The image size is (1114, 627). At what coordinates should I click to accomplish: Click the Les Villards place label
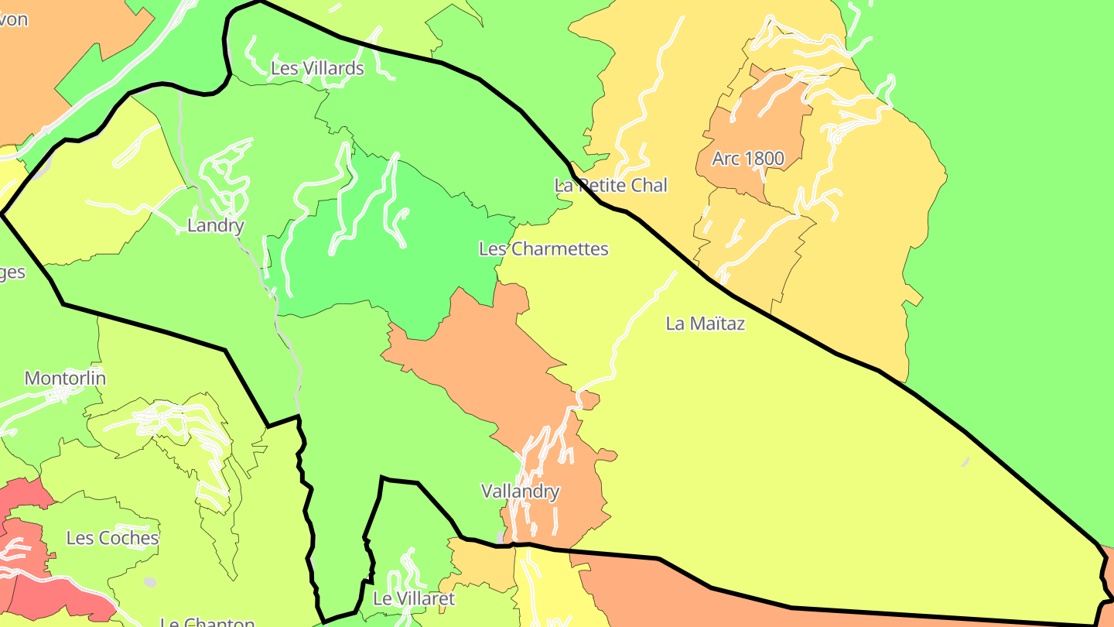317,68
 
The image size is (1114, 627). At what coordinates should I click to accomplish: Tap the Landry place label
216,226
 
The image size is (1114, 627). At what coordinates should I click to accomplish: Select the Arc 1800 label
748,159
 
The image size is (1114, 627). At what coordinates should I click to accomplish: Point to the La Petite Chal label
610,185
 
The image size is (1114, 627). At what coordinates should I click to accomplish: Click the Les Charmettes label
543,248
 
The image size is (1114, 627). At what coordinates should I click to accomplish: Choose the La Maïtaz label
705,324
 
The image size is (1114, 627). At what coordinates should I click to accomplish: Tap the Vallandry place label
520,491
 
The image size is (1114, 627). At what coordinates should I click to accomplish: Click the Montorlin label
65,379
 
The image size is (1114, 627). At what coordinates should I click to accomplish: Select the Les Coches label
112,538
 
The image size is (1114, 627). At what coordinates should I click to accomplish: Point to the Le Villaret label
414,598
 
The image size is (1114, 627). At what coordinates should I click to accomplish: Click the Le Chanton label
207,622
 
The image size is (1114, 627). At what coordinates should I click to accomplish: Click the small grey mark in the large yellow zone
965,463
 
